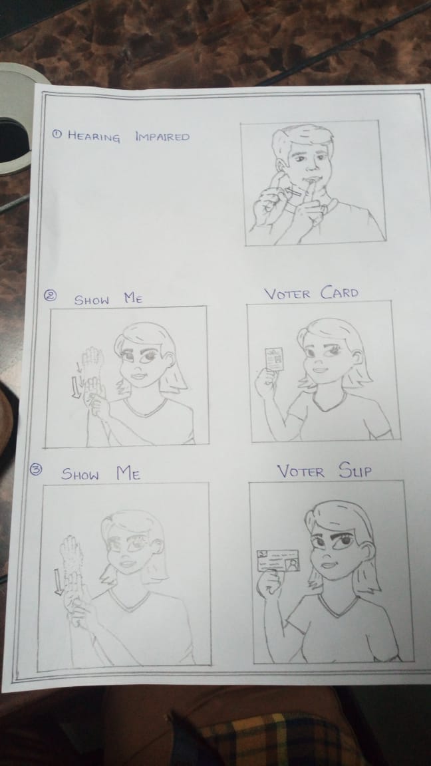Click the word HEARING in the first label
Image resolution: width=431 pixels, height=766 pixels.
pyautogui.click(x=93, y=136)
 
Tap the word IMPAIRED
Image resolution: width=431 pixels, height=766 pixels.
pyautogui.click(x=162, y=136)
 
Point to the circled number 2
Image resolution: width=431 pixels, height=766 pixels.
pyautogui.click(x=51, y=295)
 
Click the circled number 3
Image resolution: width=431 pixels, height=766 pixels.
pyautogui.click(x=36, y=470)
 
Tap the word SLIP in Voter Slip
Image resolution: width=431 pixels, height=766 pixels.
pyautogui.click(x=355, y=471)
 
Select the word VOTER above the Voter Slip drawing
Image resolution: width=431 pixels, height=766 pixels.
pyautogui.click(x=301, y=472)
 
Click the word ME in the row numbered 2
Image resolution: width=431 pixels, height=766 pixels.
pyautogui.click(x=133, y=298)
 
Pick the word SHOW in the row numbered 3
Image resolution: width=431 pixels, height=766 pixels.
pyautogui.click(x=80, y=474)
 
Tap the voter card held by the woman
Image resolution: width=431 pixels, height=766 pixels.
pyautogui.click(x=274, y=360)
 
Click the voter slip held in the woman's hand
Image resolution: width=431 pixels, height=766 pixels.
pyautogui.click(x=277, y=561)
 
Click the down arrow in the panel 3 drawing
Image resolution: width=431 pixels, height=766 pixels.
pyautogui.click(x=59, y=581)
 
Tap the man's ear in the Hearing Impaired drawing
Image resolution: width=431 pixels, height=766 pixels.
pyautogui.click(x=280, y=166)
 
